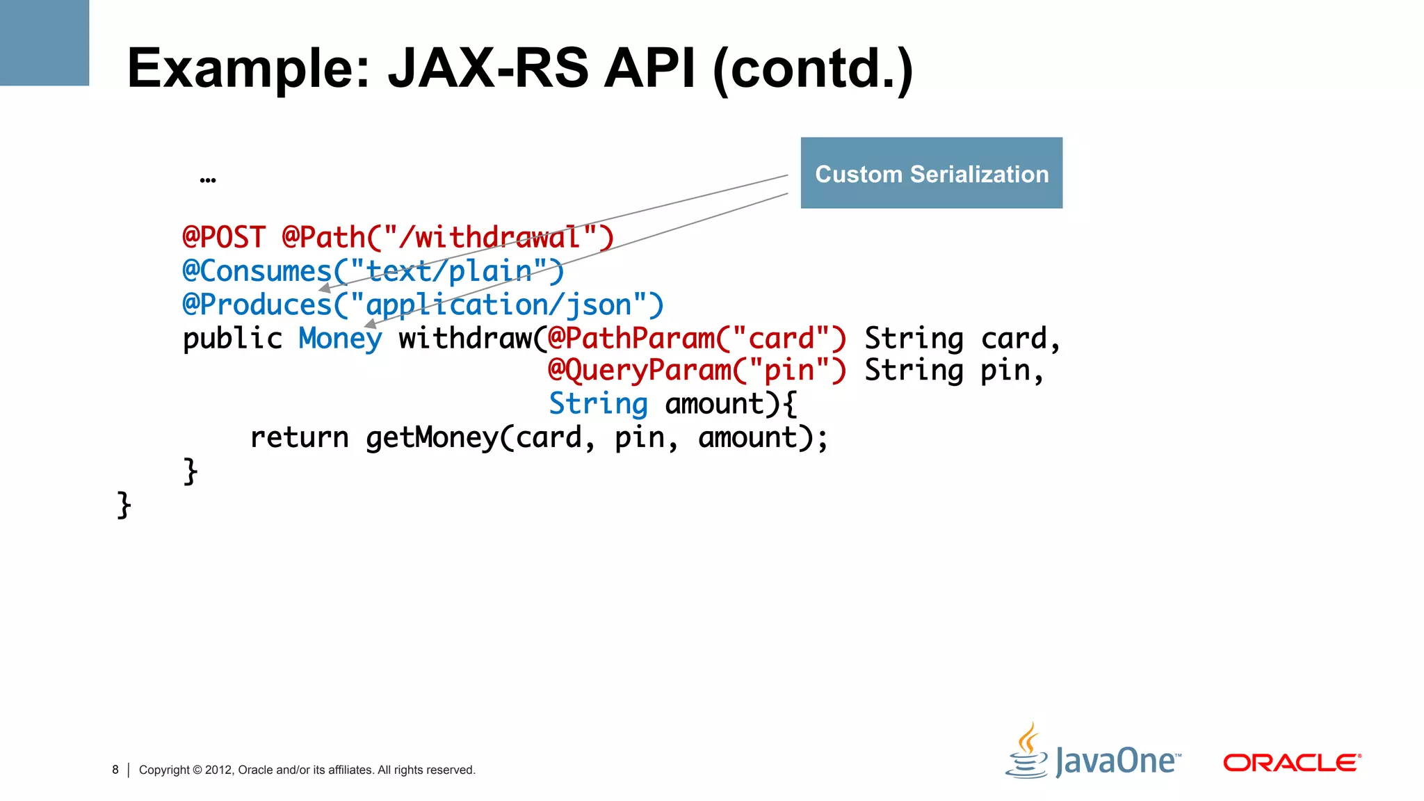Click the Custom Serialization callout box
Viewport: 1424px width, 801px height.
[931, 173]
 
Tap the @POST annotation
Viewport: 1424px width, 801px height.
[224, 238]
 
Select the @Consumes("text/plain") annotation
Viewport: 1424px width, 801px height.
[373, 271]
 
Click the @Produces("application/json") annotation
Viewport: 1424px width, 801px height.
[423, 305]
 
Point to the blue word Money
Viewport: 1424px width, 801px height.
[340, 339]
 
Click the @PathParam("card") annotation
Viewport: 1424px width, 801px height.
[697, 339]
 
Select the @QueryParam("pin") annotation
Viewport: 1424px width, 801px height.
[697, 371]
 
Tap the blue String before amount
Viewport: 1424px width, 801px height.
[598, 404]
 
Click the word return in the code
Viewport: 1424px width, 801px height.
[299, 437]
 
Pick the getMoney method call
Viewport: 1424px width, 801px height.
[431, 437]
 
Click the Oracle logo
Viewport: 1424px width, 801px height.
[1291, 763]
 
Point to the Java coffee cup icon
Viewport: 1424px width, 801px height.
[1026, 752]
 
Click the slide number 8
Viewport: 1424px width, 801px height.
[115, 770]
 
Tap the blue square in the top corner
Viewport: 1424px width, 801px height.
[44, 42]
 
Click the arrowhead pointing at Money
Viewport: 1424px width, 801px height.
[371, 323]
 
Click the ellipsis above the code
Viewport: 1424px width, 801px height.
[207, 180]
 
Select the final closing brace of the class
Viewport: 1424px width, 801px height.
[124, 504]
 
